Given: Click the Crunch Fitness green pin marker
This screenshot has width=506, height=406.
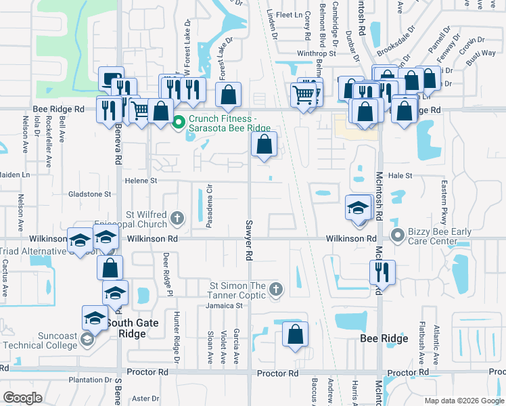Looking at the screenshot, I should click(179, 122).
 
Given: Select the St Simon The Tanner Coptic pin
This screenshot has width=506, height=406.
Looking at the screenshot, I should click(275, 290).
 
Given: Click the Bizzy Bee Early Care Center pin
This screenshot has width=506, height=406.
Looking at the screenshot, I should click(397, 236).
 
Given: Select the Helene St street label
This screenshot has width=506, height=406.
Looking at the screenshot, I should click(140, 181).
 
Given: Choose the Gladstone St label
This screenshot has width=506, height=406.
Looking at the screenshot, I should click(89, 194).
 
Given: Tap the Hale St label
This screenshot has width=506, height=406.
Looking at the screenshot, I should click(400, 175).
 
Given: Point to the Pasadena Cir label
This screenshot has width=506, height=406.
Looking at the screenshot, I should click(210, 203).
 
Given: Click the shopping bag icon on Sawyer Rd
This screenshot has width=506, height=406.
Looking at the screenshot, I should click(264, 144).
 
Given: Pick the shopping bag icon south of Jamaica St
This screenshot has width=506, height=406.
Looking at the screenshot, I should click(295, 334).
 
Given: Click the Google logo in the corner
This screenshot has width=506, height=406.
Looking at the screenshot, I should click(23, 397).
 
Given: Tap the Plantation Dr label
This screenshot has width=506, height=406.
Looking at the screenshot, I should click(85, 380).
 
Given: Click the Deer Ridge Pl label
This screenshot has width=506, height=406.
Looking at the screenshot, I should click(164, 269).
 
